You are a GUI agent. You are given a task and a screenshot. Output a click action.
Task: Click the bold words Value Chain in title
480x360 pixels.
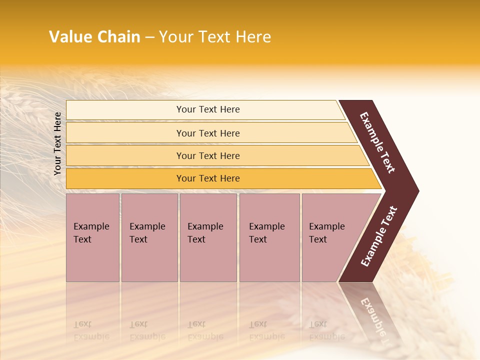94,37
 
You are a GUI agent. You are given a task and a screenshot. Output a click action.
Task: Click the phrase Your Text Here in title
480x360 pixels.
215,37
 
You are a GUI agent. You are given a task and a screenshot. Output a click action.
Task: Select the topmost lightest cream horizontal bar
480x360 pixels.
125,110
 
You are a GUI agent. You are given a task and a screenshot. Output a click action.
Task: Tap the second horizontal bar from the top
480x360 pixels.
125,133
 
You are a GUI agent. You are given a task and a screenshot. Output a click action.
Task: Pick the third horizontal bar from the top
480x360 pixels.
125,155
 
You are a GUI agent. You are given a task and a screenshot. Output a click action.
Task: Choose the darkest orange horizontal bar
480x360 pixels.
125,178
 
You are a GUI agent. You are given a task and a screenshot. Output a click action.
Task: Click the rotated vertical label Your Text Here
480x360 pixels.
57,143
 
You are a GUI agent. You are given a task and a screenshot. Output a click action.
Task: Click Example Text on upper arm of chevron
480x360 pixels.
377,142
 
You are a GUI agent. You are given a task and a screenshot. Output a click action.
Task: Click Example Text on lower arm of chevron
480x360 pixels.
379,236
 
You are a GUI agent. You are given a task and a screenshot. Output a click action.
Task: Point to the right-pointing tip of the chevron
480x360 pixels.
416,191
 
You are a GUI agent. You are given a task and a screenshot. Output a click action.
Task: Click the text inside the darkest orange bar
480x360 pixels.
208,178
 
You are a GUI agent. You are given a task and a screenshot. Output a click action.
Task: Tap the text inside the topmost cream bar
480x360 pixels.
208,109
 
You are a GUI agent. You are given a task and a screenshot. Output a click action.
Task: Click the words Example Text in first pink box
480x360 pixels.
91,232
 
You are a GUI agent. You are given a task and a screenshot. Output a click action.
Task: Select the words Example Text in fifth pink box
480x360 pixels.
326,232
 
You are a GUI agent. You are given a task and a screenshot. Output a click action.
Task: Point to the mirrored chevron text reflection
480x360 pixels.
372,315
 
